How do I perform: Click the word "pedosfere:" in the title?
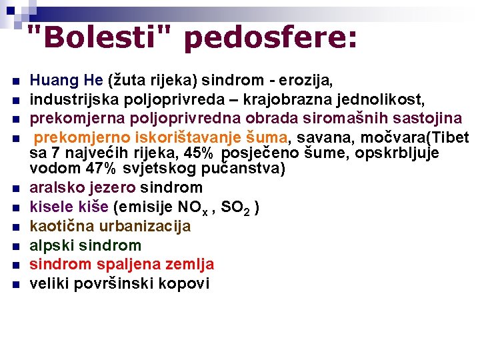coord(270,38)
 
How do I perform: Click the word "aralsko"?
coord(56,188)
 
